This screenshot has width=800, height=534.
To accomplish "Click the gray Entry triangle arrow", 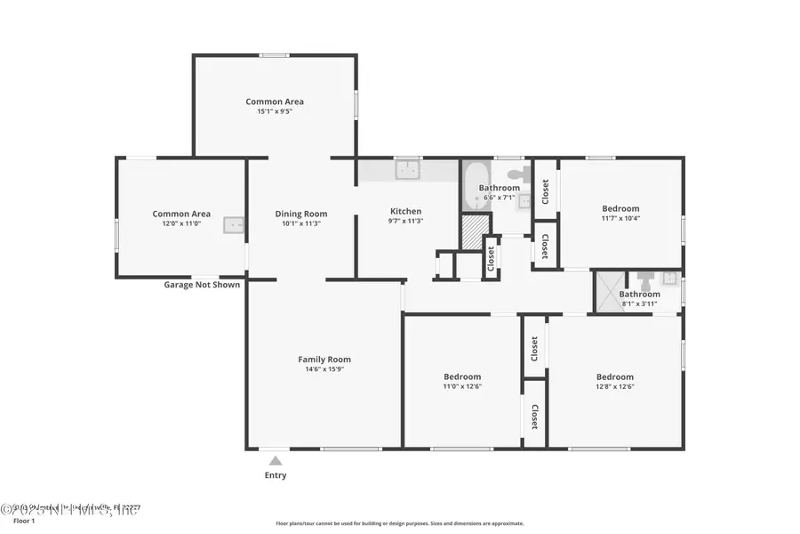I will pos(276,460).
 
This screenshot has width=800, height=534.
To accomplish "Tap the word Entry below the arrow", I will pos(276,475).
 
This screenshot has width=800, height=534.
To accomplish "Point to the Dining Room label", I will pos(300,214).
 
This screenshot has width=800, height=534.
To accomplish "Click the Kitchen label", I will pos(405,212).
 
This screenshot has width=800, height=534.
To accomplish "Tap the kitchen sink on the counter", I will pos(407,170).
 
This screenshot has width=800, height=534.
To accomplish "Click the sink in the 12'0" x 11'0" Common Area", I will pos(235,225).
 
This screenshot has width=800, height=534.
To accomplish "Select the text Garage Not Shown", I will pos(202,285).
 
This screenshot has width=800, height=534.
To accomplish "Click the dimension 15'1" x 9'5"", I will pos(275,111).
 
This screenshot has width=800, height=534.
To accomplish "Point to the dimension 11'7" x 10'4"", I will pos(620,218).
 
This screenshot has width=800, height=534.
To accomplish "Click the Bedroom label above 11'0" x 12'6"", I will pos(462,376).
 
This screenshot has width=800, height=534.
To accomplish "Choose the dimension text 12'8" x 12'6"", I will pos(615,386).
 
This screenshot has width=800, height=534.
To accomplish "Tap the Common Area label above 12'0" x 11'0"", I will pos(181,214).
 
